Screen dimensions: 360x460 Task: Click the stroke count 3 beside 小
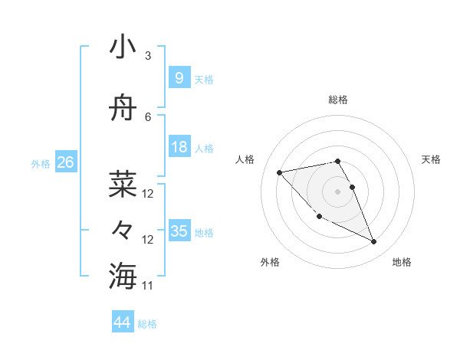click(148, 56)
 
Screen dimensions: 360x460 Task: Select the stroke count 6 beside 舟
click(148, 116)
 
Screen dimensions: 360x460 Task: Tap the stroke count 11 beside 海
click(148, 286)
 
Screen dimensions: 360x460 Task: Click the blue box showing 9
click(179, 77)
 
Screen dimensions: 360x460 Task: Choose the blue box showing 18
click(179, 147)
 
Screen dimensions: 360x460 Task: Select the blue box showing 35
click(179, 231)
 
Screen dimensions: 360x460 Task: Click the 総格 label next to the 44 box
click(147, 324)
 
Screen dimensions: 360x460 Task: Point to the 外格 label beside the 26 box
click(41, 164)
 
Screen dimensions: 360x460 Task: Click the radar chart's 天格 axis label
click(431, 159)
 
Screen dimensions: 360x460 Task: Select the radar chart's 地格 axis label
click(402, 262)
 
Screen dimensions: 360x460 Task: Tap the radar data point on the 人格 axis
click(279, 172)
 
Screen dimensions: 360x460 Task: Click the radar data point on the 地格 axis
click(374, 242)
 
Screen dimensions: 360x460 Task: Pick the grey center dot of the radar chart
click(337, 191)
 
